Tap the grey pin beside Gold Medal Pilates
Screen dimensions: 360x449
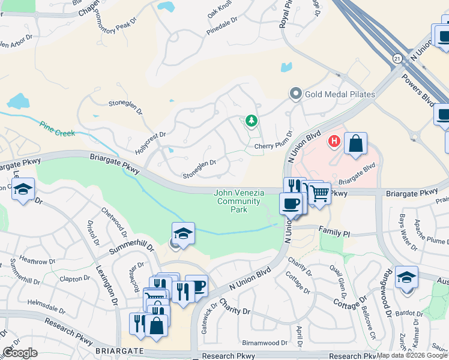click(x=295, y=94)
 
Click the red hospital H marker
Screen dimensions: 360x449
click(x=333, y=142)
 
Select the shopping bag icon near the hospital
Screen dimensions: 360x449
click(x=355, y=143)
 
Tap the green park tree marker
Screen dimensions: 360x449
click(x=251, y=121)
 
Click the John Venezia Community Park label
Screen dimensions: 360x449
click(x=239, y=202)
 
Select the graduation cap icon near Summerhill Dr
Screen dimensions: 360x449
click(x=183, y=233)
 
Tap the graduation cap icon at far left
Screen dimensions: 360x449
click(x=23, y=189)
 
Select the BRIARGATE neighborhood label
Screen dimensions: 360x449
click(x=118, y=350)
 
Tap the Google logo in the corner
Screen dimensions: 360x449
click(x=20, y=353)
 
